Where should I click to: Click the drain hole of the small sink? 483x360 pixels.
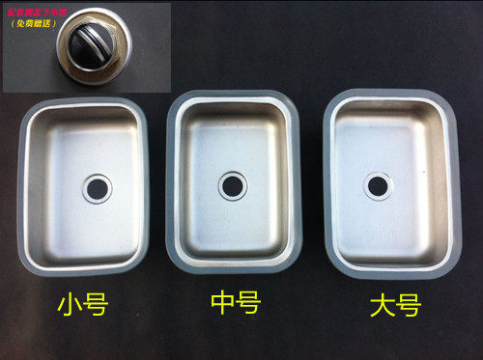point(97,188)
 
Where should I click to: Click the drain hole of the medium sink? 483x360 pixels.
point(232,185)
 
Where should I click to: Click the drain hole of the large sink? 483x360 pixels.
point(378,184)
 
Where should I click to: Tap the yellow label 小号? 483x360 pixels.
point(82,307)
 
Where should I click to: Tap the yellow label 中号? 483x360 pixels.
point(235,305)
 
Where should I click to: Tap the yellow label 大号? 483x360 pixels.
point(394,308)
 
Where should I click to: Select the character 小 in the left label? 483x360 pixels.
point(68,307)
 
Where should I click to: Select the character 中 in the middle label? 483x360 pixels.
point(221,305)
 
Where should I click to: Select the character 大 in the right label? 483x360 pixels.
point(381,308)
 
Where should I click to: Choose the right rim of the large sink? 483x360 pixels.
point(456,183)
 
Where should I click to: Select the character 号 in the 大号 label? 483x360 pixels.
point(409,308)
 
